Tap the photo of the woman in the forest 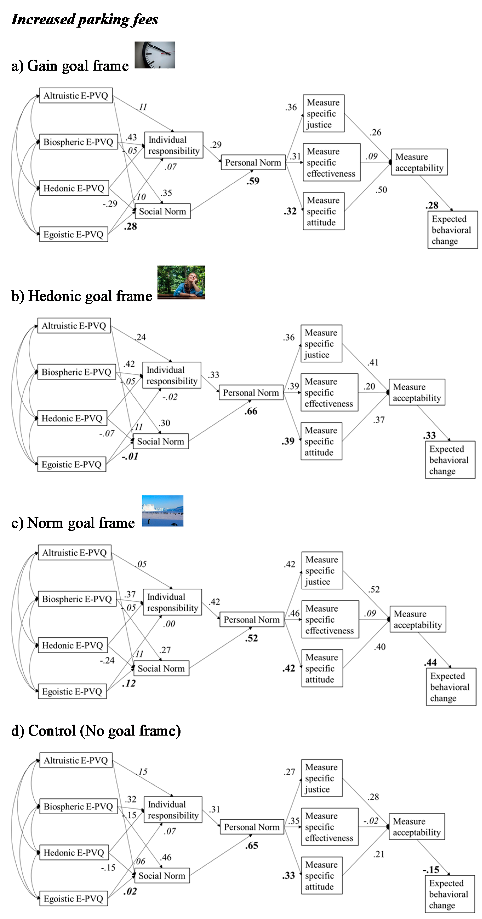pyautogui.click(x=181, y=282)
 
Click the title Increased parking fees pyautogui.click(x=85, y=19)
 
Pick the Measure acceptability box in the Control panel pyautogui.click(x=416, y=827)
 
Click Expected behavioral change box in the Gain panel pyautogui.click(x=452, y=230)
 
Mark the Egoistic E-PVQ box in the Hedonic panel pyautogui.click(x=71, y=465)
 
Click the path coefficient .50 pyautogui.click(x=381, y=190)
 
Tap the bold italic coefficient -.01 pyautogui.click(x=130, y=456)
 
